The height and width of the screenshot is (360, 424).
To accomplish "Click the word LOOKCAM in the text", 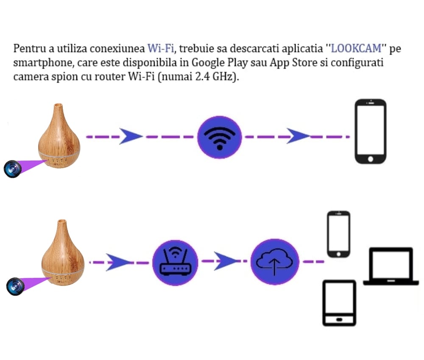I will pyautogui.click(x=357, y=48).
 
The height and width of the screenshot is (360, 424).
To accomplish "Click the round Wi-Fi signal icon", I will pyautogui.click(x=219, y=136).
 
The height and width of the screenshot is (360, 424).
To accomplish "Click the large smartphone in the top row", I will pyautogui.click(x=371, y=131).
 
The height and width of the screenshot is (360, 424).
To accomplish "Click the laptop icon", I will pyautogui.click(x=391, y=266).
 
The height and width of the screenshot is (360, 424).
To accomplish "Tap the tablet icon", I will pyautogui.click(x=339, y=302).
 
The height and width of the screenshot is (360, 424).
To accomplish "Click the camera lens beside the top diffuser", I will pyautogui.click(x=12, y=168).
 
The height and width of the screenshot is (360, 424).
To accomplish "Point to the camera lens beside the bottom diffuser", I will pyautogui.click(x=15, y=286).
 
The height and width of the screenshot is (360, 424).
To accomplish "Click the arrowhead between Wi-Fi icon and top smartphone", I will pyautogui.click(x=299, y=136).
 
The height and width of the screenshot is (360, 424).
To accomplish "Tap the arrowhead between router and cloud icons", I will pyautogui.click(x=225, y=261).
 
